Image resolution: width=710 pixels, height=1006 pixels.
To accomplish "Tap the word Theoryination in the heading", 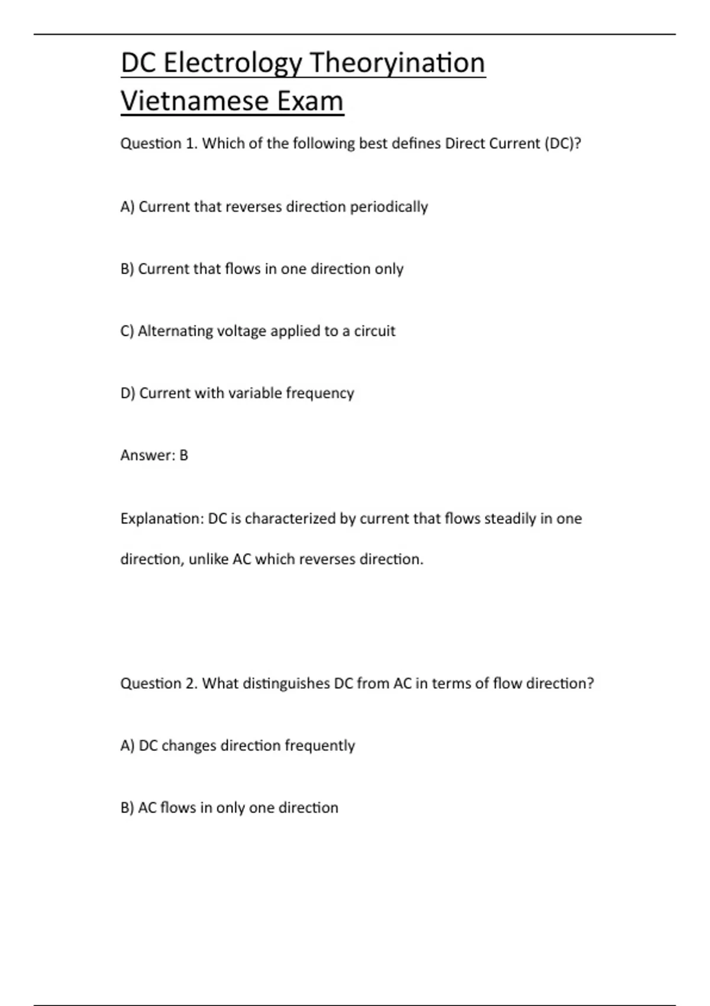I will click(397, 63).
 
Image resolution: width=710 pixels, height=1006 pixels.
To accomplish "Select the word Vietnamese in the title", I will click(186, 101).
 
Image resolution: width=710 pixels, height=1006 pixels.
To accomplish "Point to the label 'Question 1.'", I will click(159, 144).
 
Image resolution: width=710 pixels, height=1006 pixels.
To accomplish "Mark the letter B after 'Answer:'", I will click(183, 456).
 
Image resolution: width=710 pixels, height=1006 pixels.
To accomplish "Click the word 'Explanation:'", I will click(162, 519).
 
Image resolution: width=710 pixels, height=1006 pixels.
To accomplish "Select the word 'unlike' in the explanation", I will click(208, 559).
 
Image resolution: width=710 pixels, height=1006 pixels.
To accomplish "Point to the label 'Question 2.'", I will click(159, 683).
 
